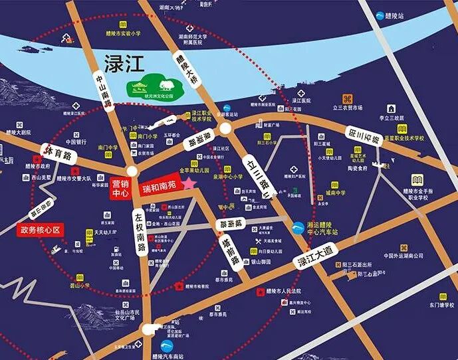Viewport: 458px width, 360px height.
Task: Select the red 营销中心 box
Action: [121, 189]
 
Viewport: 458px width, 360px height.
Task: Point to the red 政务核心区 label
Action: [39, 230]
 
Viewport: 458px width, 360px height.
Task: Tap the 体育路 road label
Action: [58, 155]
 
